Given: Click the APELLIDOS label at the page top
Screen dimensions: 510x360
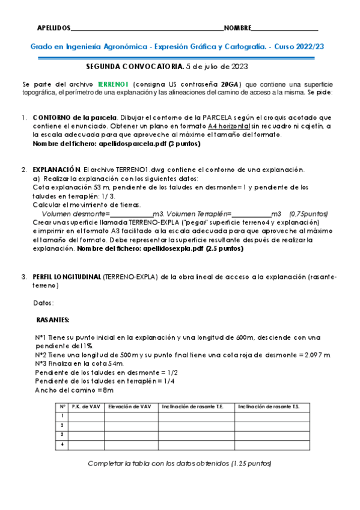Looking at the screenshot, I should pos(53,28).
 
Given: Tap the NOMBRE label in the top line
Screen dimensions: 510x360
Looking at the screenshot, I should pos(237,28).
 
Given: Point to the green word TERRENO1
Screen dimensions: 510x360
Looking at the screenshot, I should pos(115,84).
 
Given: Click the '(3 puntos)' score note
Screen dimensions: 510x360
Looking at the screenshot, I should pos(185,145).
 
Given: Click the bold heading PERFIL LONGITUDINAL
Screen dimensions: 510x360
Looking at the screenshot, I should pos(67,277).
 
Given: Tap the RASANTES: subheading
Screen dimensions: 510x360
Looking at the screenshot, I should pos(53,319).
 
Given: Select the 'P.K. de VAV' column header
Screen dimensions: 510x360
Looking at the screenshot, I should pos(86,407).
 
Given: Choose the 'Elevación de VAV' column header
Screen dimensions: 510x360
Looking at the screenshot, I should pos(130,407).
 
